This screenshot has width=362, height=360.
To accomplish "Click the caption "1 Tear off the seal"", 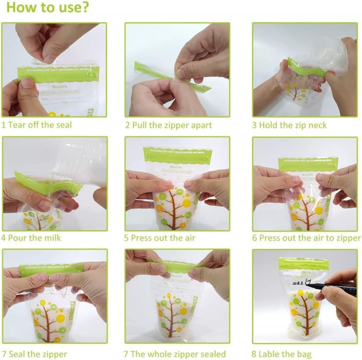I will tap(37, 125).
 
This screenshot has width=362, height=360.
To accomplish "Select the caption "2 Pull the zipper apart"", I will tap(169, 125).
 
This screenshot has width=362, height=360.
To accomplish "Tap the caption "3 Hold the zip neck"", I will tap(289, 125).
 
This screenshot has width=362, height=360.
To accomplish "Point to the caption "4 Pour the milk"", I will tap(31, 238).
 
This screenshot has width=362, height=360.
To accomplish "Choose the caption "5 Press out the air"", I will tap(160, 238).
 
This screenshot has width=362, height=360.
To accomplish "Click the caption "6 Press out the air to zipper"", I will tap(306, 238).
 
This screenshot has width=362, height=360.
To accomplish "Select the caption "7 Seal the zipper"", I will tap(34, 354).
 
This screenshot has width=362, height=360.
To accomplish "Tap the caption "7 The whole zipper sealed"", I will tap(175, 354).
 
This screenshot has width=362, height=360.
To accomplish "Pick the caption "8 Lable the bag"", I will tap(282, 354).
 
